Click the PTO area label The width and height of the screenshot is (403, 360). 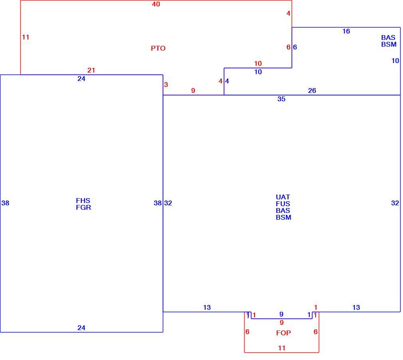(x=158, y=48)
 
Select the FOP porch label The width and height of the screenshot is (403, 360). (x=283, y=333)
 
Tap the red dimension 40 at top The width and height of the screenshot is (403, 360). (x=156, y=4)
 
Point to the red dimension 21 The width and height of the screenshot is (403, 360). (x=91, y=70)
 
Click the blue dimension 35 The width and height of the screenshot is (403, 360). (x=281, y=99)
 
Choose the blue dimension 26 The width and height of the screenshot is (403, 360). (x=312, y=90)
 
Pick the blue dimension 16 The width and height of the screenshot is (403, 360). (x=346, y=31)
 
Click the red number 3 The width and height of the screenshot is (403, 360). (x=166, y=85)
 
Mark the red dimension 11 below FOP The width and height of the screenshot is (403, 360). (x=282, y=348)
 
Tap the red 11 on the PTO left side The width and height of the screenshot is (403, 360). (x=26, y=37)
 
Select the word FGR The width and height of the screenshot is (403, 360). (x=83, y=207)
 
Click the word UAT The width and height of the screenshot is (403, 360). (x=283, y=197)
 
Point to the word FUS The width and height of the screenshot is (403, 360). (x=283, y=204)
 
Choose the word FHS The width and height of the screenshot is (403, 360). (x=83, y=201)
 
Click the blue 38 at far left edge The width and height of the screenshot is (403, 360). (x=6, y=203)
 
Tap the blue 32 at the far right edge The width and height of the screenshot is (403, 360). (x=395, y=203)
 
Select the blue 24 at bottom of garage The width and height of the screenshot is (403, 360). (x=81, y=328)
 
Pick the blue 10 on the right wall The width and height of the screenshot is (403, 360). (x=395, y=61)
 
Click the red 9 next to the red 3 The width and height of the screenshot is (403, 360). (x=193, y=90)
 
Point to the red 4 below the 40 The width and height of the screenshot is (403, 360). (x=288, y=13)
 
